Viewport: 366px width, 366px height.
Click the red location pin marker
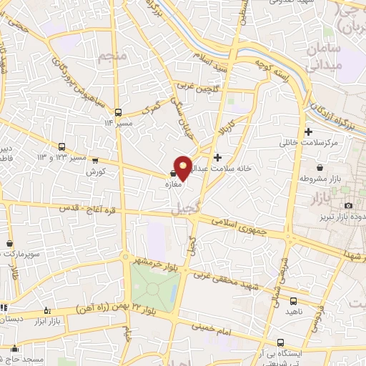click(x=183, y=167)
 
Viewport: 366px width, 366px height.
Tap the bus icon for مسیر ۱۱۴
click(x=119, y=112)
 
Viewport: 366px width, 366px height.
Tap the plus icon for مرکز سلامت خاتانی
click(x=308, y=132)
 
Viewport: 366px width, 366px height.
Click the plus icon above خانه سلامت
click(x=217, y=157)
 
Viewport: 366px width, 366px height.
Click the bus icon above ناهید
click(x=295, y=300)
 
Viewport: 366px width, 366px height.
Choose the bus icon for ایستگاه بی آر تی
click(x=281, y=342)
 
